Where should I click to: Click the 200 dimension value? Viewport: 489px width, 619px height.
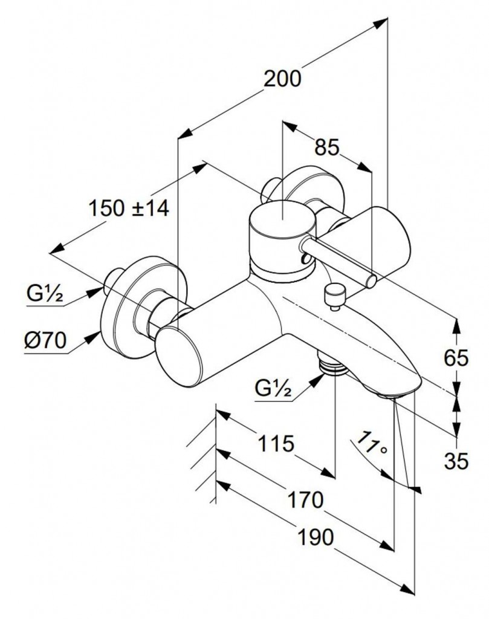tap(283, 79)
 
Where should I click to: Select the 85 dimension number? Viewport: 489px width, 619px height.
tap(326, 147)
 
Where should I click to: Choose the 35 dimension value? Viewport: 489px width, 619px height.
tap(456, 461)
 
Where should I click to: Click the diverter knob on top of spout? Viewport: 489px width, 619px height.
tap(332, 296)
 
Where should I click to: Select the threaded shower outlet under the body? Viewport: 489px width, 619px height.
tap(329, 365)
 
